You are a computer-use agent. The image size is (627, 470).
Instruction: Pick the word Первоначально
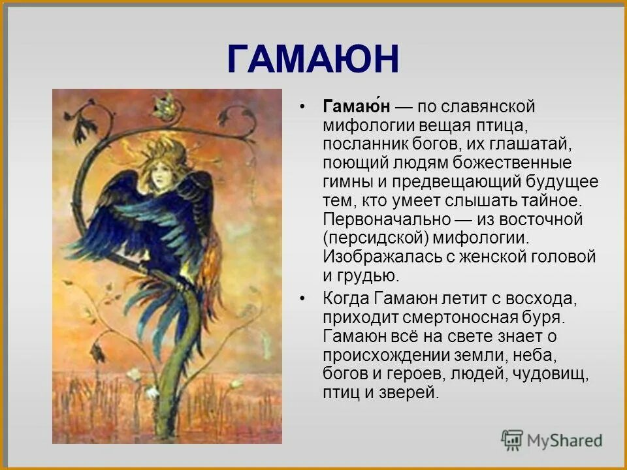click(x=387, y=219)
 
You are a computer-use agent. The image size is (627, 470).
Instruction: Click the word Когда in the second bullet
click(x=346, y=299)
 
